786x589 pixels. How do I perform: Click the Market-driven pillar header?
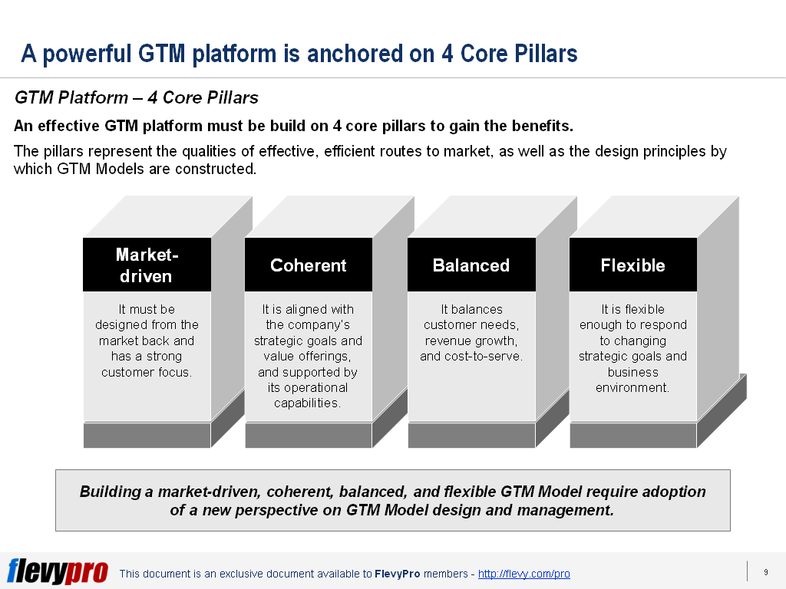(147, 265)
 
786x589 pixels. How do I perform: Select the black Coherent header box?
(309, 265)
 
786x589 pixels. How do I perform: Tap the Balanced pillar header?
(471, 265)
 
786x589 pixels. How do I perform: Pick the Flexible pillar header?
(633, 265)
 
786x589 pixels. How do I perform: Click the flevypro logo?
(58, 571)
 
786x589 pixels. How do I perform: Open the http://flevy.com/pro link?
(523, 574)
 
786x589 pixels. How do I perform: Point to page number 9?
(765, 572)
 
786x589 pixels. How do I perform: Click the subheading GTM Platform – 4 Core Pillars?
(137, 98)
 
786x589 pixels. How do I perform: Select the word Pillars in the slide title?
(543, 54)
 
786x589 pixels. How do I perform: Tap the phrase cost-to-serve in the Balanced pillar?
(484, 357)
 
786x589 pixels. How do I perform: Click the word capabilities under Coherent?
(307, 403)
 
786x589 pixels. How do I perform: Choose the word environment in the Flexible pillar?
(632, 388)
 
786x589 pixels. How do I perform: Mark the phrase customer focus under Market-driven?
(146, 373)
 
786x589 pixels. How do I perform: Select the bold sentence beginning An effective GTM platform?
(293, 126)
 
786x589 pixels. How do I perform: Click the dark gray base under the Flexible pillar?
(632, 436)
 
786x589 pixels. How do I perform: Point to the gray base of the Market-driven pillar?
(147, 436)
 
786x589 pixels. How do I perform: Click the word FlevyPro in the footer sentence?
(397, 574)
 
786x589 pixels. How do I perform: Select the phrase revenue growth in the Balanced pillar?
(471, 341)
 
